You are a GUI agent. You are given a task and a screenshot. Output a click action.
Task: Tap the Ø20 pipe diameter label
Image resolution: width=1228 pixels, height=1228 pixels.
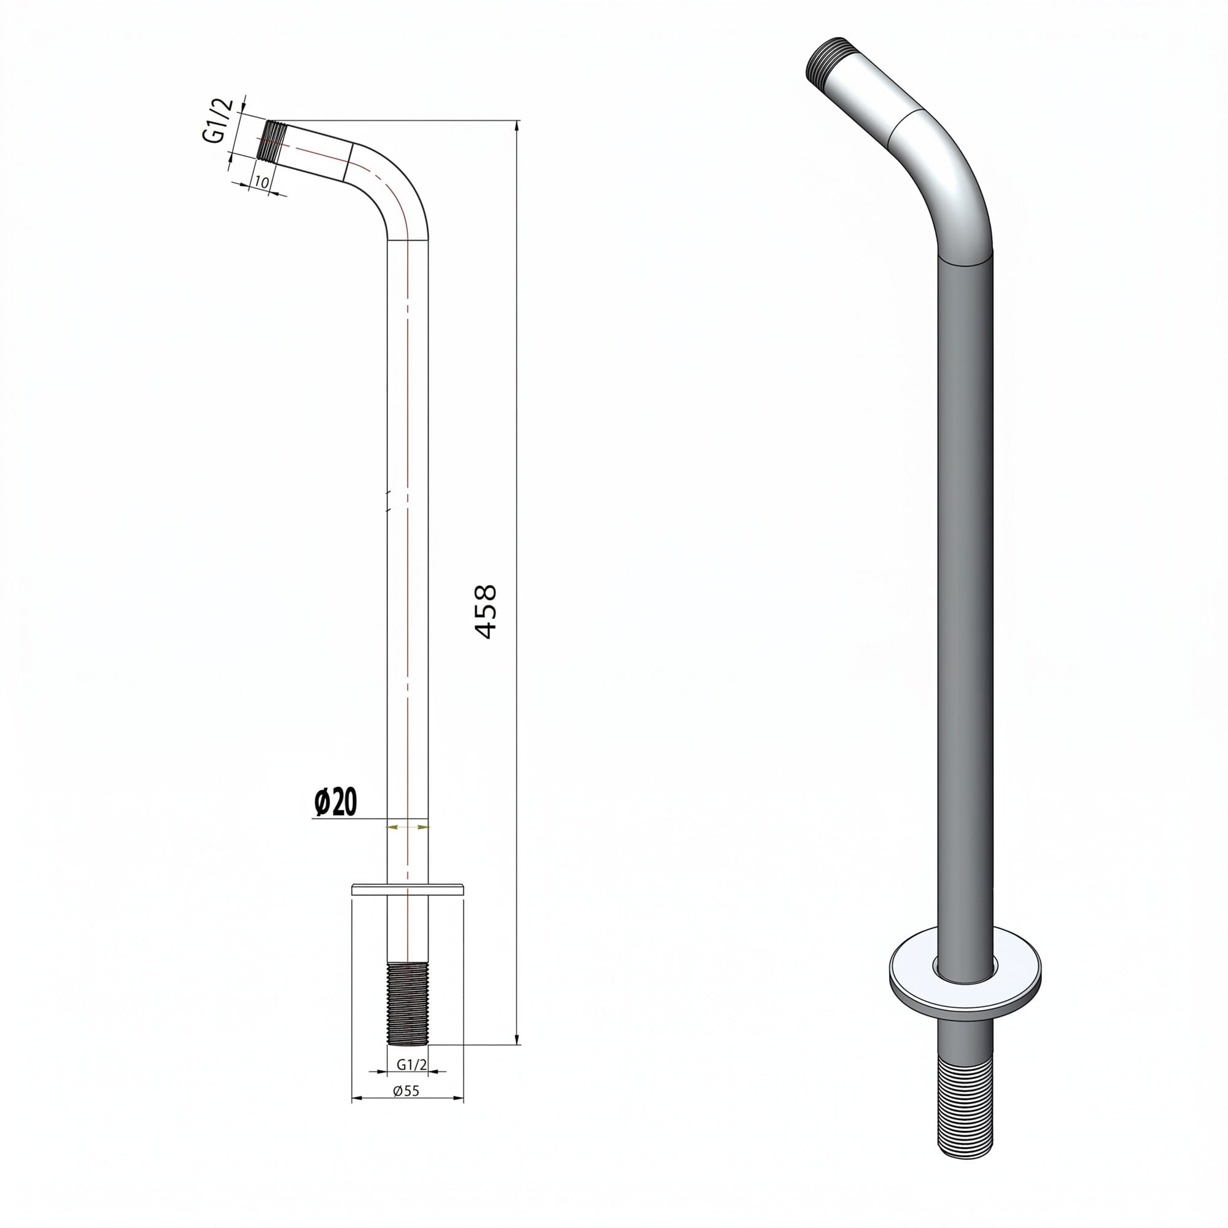click(336, 802)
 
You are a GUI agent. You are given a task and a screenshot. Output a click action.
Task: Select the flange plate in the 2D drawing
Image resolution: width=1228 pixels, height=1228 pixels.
click(408, 888)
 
